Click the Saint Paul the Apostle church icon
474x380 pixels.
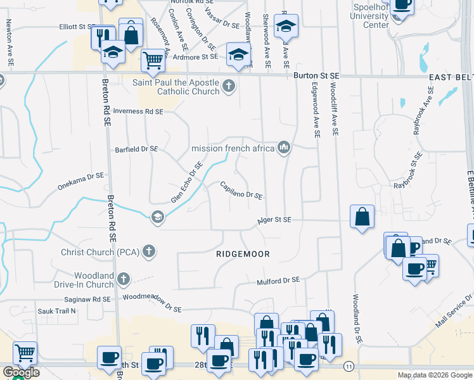coord(229,85)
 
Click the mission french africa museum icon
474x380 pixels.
coord(283,148)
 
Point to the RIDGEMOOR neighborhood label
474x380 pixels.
coord(243,254)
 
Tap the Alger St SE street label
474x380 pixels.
coord(274,220)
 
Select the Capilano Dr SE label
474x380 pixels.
coord(241,191)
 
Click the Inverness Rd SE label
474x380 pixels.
coord(138,111)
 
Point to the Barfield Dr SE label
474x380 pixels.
coord(136,149)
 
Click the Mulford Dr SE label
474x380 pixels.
coord(278,279)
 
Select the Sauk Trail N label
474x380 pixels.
coord(56,311)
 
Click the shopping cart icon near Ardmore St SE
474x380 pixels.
coord(153,61)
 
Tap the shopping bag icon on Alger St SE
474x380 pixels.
coord(361,217)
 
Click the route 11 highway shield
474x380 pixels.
coord(349,366)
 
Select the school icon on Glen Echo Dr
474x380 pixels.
coord(157,217)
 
